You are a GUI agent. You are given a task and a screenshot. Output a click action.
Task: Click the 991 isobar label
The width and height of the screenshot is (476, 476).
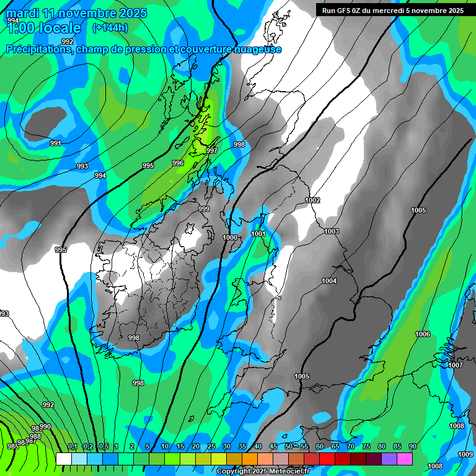[56, 143]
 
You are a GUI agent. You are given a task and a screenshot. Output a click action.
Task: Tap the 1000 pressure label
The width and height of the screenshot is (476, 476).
[230, 237]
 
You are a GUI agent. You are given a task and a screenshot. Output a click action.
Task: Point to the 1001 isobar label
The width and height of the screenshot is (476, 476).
[258, 234]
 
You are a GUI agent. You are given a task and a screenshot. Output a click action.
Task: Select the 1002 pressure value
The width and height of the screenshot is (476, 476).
[312, 200]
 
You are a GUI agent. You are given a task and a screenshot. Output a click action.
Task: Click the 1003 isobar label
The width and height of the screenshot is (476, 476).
[332, 231]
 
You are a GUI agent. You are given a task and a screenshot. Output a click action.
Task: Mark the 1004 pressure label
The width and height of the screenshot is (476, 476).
[329, 281]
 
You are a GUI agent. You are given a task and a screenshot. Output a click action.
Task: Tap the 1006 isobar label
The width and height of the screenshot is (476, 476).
[423, 334]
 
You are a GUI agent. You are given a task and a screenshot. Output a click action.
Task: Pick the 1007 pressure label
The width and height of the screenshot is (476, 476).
[456, 365]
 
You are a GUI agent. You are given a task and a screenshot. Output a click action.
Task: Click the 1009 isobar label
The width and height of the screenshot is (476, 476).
[465, 454]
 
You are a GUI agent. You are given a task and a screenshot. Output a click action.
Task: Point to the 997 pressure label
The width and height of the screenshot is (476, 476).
[212, 151]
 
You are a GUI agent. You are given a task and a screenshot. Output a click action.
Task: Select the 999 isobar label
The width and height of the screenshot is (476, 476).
[204, 209]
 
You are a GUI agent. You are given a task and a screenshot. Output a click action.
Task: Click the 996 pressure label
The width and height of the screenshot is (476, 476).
[178, 163]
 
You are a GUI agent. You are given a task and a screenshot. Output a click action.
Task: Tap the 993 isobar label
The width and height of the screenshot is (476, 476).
[82, 166]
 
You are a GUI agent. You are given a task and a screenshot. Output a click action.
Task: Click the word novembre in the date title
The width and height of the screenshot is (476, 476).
[80, 13]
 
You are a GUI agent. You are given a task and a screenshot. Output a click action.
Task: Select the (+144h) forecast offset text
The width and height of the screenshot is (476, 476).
[110, 27]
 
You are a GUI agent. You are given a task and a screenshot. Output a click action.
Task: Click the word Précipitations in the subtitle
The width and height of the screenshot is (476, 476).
[38, 49]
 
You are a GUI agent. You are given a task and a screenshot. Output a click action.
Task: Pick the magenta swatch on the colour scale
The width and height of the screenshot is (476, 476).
[405, 459]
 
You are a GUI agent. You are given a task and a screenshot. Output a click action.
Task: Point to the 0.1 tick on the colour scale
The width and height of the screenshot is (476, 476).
[73, 447]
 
